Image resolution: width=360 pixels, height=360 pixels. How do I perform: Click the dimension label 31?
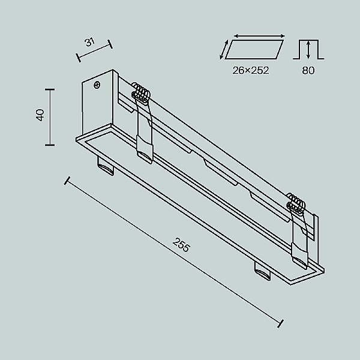90,42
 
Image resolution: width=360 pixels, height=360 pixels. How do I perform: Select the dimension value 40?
40,115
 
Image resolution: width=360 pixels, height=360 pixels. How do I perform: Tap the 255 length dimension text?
181,245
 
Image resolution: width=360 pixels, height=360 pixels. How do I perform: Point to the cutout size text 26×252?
250,70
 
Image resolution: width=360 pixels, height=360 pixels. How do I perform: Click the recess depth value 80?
308,70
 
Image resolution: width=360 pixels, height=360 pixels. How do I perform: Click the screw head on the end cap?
97,85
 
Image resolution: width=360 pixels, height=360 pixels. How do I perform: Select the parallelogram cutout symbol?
254,49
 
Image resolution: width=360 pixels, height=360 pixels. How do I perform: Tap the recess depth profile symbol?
308,49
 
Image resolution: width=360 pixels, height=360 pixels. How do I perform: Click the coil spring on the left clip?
141,92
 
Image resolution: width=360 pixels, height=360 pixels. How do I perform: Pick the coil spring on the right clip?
296,203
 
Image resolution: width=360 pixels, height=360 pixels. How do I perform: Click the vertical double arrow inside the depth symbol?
308,49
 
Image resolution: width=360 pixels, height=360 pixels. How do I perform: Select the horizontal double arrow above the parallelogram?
259,36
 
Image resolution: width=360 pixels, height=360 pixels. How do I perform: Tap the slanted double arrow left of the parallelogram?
224,49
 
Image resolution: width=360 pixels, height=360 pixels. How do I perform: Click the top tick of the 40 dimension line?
50,89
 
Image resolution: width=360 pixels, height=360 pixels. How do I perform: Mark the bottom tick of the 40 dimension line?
50,145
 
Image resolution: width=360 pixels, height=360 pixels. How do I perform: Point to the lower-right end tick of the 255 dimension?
280,323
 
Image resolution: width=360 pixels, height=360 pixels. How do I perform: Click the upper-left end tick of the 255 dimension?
67,181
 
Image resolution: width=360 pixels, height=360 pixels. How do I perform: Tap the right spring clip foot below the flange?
262,271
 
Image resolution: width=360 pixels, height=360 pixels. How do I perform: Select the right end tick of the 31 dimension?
110,44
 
